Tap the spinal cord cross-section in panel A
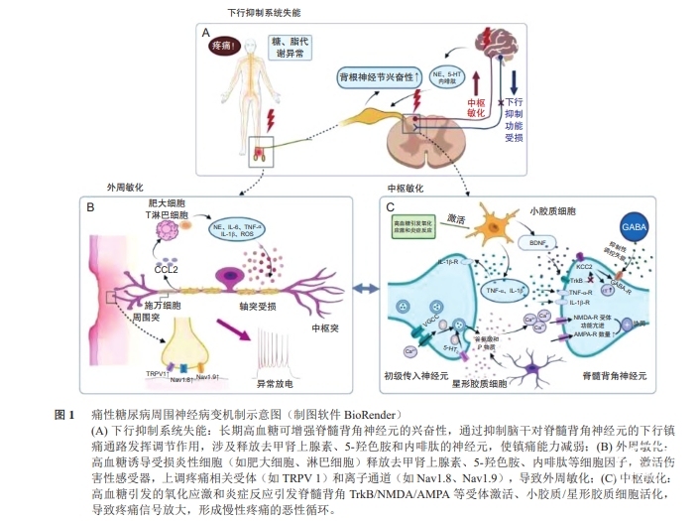click(x=427, y=140)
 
